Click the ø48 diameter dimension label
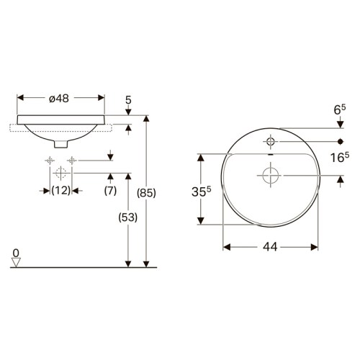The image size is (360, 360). point(59,98)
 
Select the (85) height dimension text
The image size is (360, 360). point(146,193)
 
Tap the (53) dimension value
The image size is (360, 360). point(128,217)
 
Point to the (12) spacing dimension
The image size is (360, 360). point(61,191)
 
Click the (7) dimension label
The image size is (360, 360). point(110,191)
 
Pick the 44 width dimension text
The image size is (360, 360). point(270,246)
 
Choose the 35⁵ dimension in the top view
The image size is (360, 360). point(201,192)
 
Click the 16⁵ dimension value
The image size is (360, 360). point(340,157)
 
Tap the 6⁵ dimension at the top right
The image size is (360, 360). point(340,109)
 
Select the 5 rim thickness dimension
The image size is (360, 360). point(129,100)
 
